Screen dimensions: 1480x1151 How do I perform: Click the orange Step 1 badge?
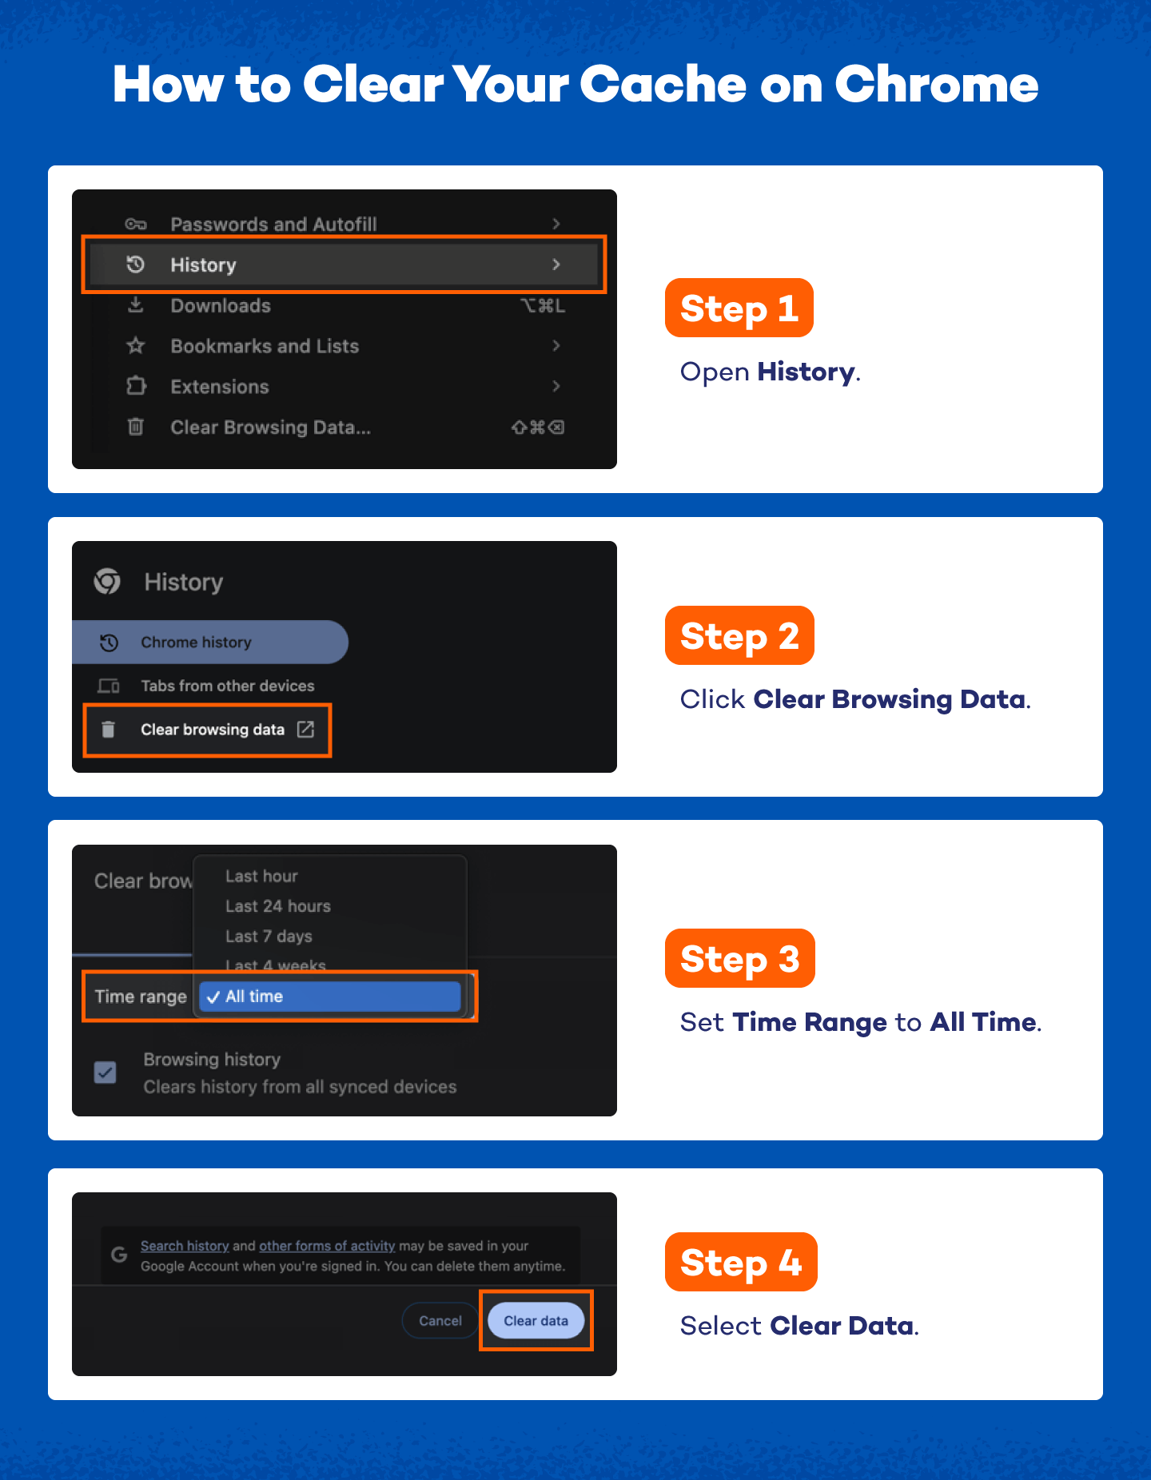point(739,308)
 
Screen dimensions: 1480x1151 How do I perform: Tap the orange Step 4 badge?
point(740,1263)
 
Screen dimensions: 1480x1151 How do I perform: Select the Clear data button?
point(536,1321)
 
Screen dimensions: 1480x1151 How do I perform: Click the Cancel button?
point(440,1321)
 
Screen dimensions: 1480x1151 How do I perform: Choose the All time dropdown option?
point(330,997)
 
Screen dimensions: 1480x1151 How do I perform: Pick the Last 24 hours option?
point(277,906)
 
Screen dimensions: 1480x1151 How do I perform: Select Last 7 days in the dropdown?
point(269,937)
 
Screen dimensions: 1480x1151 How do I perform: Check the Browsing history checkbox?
point(106,1072)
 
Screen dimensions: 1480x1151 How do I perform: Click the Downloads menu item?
point(221,306)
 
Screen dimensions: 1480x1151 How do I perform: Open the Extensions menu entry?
point(220,387)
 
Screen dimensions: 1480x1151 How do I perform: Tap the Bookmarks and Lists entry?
point(265,346)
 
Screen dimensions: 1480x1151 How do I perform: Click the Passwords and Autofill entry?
point(273,225)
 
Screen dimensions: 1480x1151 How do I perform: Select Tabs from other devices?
point(227,686)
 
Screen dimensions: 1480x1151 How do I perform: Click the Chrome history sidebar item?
point(196,643)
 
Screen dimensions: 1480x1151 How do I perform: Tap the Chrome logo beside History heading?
point(108,582)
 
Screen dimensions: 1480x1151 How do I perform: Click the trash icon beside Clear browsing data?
point(109,730)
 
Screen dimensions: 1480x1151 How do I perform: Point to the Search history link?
point(185,1246)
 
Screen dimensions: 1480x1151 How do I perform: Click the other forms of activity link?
point(327,1246)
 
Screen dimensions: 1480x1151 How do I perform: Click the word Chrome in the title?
point(936,85)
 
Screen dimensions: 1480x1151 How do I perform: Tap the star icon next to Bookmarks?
point(136,346)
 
